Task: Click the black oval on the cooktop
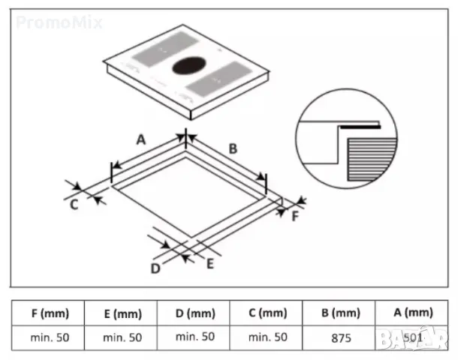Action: pos(189,65)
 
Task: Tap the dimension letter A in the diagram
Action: pos(141,139)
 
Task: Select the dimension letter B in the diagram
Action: pos(233,148)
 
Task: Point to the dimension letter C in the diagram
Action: pos(74,205)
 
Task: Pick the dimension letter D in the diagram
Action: pos(155,268)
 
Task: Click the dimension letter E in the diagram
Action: pos(210,264)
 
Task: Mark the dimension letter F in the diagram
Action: pos(295,216)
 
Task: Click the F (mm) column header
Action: pos(50,313)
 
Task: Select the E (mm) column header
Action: pos(122,314)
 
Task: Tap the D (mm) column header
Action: pos(195,313)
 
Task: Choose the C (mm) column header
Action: pos(268,313)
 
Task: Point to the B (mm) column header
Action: pos(341,313)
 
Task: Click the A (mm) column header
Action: pos(413,313)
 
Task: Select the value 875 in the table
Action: pos(341,338)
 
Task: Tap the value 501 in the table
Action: pos(413,337)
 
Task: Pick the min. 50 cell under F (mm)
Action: pos(50,337)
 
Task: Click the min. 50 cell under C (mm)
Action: pos(268,337)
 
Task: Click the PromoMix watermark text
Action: pos(59,22)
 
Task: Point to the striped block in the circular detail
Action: pos(372,160)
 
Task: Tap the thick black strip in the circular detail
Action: pos(360,127)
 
